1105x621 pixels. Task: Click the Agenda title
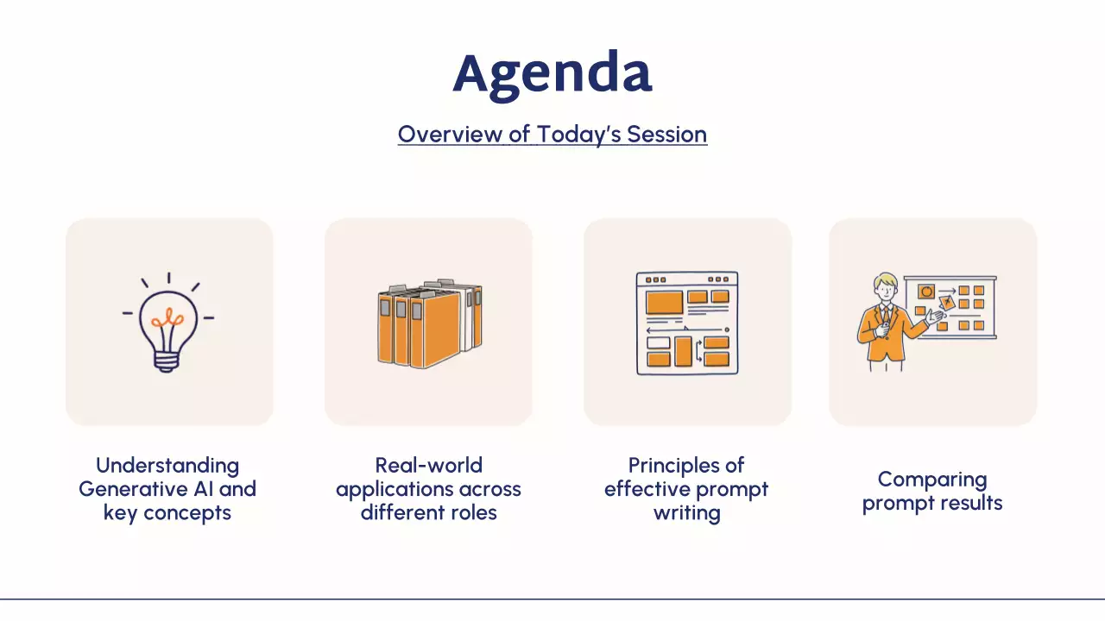click(x=552, y=75)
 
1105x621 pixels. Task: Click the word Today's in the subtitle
click(x=579, y=135)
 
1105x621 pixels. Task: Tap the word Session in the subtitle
click(x=667, y=134)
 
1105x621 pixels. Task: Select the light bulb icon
click(x=168, y=323)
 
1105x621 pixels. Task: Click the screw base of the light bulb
click(x=167, y=361)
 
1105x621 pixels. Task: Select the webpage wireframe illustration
click(x=687, y=323)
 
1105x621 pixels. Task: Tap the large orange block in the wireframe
click(x=664, y=302)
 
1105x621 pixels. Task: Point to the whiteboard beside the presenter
click(x=950, y=308)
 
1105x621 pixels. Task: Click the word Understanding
click(x=167, y=465)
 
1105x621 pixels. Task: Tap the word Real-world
click(x=429, y=465)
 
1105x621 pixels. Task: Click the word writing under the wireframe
click(x=686, y=513)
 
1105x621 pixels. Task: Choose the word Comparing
click(x=932, y=480)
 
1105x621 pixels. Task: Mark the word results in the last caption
click(x=971, y=503)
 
